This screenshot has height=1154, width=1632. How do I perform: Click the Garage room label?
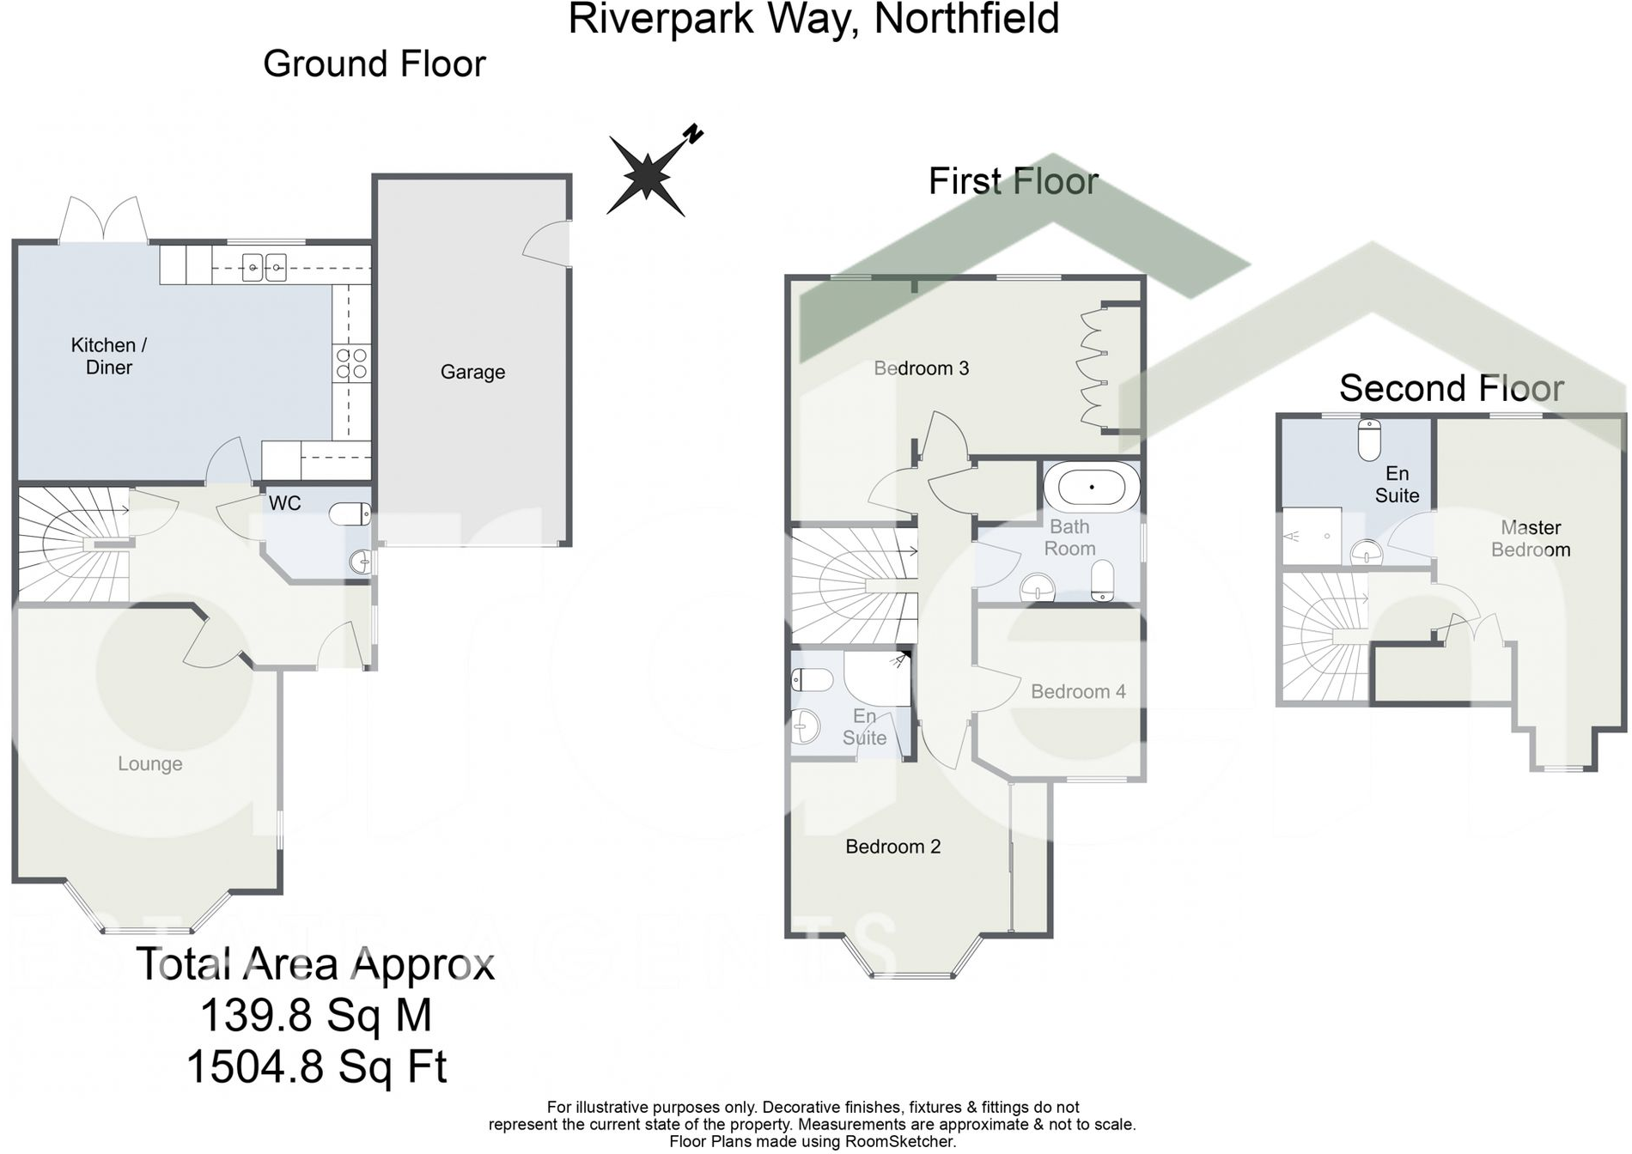(472, 372)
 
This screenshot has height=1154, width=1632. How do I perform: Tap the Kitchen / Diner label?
(109, 356)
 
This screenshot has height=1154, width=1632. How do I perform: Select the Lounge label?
(150, 764)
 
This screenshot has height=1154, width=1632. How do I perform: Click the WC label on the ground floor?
(284, 503)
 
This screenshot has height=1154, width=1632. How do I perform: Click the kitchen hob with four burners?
(351, 363)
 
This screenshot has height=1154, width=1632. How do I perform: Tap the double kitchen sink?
(264, 268)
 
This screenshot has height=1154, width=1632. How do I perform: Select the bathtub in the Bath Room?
(1092, 488)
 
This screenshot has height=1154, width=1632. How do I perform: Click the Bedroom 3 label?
(921, 368)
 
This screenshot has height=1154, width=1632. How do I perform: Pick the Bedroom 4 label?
(1078, 692)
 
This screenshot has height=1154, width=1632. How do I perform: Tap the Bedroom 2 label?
(892, 847)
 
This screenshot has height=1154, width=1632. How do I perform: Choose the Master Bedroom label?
(1531, 538)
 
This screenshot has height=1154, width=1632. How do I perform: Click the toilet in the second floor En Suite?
(1369, 440)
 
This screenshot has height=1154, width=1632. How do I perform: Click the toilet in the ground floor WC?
(350, 513)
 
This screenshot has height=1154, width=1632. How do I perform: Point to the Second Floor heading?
(1452, 388)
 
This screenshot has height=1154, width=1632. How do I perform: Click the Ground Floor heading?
(375, 64)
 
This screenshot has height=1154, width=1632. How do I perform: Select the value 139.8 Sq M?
(316, 1015)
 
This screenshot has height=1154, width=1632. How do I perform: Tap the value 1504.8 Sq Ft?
(316, 1067)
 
